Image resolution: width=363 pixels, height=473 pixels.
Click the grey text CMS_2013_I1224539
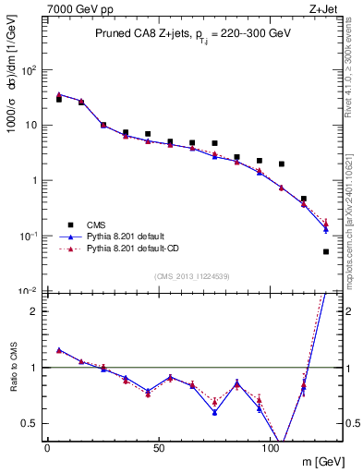pos(191,275)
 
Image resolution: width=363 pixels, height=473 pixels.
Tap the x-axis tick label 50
pos(159,448)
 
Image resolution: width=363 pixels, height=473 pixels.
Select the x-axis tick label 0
pos(47,448)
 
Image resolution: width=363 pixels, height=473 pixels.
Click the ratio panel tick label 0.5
pos(29,423)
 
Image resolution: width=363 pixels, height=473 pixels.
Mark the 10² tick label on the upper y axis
pos(28,69)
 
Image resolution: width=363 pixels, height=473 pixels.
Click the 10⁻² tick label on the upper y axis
pos(28,291)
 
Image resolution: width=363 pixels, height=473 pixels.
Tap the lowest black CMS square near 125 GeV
pos(326,251)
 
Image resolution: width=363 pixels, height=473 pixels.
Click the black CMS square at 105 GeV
pos(282,164)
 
